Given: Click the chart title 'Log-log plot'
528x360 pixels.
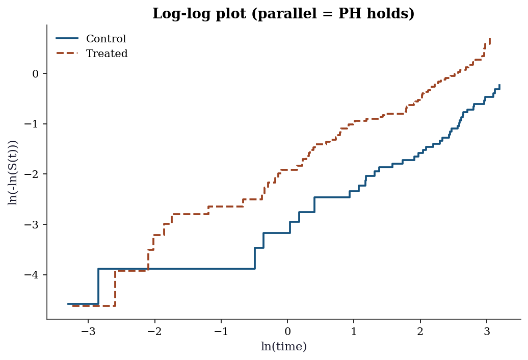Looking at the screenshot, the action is [200, 14].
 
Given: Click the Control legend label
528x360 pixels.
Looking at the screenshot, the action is [106, 39].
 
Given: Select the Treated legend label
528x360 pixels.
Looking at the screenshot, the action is [107, 54].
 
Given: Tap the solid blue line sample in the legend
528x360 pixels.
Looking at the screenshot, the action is [67, 38].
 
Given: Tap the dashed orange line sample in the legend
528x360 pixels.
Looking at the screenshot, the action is [67, 53].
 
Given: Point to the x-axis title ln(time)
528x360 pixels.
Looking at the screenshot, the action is [284, 346].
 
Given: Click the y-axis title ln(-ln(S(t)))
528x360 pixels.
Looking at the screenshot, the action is [12, 172].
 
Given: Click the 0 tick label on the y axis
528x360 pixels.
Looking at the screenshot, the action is [35, 74].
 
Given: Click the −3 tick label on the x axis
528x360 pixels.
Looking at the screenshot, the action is [89, 331].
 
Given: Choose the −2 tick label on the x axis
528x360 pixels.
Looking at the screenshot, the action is [155, 331].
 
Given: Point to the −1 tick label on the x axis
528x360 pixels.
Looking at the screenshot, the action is [221, 331].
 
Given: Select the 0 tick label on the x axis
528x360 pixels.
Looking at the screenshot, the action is [287, 331].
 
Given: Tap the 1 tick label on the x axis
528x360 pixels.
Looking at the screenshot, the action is [354, 331].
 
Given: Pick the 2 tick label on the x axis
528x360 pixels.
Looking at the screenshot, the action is [420, 331].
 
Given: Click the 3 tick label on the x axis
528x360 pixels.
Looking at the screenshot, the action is [487, 331].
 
